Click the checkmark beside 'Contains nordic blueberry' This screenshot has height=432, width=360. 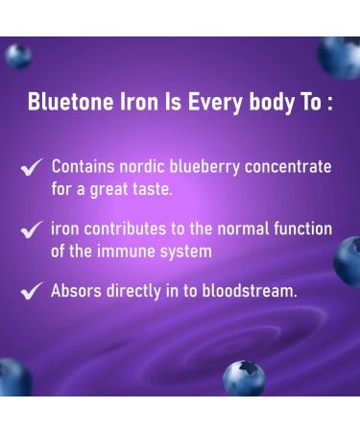(32, 168)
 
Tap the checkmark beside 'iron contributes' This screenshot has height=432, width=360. (32, 230)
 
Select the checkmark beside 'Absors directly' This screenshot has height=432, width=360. (32, 292)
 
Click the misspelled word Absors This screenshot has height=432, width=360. (77, 291)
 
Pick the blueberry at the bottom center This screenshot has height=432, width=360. (244, 378)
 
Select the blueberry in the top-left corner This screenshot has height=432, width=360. (18, 56)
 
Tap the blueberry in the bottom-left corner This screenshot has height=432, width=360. (13, 376)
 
